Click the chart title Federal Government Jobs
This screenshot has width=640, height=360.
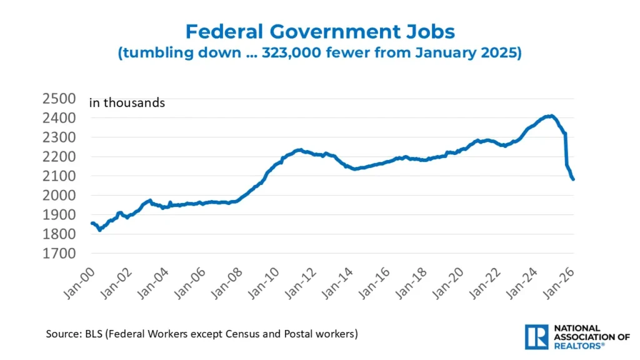319,31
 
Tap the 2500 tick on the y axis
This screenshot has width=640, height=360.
59,98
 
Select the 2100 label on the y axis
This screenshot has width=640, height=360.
59,176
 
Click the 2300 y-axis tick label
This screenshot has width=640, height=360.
59,137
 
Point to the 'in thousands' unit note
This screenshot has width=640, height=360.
127,102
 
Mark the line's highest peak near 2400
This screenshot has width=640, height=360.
550,116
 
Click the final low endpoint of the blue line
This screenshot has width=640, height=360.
573,179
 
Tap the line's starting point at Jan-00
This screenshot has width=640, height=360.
92,223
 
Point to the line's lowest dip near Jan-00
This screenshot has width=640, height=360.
100,229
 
